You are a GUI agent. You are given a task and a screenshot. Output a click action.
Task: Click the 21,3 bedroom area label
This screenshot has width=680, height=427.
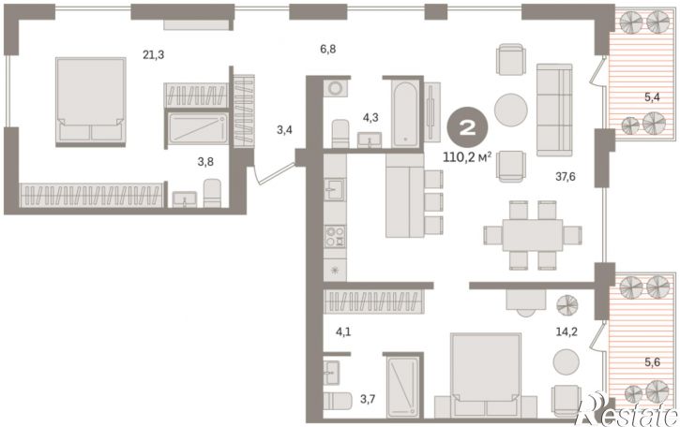[154, 55]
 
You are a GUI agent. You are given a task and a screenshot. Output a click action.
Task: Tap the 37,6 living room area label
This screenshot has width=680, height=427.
[565, 176]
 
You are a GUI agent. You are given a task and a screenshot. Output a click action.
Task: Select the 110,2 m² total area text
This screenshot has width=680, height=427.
[467, 157]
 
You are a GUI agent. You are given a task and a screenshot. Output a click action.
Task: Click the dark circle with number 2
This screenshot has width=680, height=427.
[467, 128]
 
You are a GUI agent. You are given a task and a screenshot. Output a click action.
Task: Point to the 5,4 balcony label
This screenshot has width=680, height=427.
[652, 97]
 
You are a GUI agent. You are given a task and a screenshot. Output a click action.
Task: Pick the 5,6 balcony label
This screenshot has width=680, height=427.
[652, 362]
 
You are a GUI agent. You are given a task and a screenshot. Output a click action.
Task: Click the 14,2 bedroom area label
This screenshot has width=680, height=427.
[567, 331]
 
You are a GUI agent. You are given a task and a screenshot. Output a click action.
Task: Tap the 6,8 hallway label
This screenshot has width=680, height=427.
[328, 49]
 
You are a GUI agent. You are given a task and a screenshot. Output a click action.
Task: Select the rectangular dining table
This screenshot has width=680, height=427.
[532, 235]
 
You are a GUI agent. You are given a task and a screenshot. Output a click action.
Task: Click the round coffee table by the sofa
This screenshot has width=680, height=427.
[511, 110]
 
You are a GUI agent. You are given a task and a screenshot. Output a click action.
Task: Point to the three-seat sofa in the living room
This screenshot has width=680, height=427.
[554, 110]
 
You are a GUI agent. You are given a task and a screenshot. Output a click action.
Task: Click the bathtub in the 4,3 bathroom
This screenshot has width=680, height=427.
[405, 114]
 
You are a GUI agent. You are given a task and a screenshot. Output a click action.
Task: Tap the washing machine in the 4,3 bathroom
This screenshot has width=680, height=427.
[335, 88]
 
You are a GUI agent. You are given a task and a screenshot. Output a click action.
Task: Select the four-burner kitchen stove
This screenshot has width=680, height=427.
[335, 237]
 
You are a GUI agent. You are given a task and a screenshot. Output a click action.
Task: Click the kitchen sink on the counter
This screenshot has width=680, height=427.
[334, 189]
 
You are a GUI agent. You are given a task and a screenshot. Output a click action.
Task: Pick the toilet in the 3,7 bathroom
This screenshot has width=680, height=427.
[338, 401]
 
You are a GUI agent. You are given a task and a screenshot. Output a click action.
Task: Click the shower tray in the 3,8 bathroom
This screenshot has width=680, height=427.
[198, 128]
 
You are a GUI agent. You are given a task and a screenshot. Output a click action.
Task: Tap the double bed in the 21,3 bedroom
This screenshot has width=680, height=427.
[91, 102]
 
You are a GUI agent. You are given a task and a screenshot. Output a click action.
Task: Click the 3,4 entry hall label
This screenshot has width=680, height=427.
[284, 129]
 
